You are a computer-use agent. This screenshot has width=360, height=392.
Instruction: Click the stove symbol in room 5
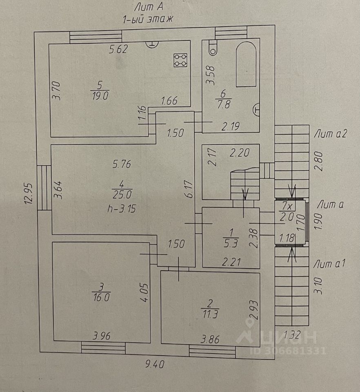[180, 60]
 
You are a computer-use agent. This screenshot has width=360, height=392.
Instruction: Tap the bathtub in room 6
[246, 65]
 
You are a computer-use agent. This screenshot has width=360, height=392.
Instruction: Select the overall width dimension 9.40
[155, 364]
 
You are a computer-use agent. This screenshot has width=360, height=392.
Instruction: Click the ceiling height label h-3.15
[122, 208]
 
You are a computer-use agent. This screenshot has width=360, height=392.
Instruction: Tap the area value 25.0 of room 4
[122, 194]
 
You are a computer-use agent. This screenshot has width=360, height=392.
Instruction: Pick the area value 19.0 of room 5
[100, 96]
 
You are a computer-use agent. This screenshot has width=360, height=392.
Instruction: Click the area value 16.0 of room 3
[101, 297]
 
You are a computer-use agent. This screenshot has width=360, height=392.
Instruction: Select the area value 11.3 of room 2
[210, 314]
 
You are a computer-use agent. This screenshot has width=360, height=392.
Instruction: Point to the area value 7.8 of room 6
[224, 104]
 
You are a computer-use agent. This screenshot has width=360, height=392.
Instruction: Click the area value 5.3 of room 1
[231, 243]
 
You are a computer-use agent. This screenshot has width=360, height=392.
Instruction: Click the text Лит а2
[330, 134]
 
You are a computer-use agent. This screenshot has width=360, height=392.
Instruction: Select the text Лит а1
[329, 263]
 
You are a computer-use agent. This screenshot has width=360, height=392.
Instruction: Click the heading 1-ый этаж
[147, 19]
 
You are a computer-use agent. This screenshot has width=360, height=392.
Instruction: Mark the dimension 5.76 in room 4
[122, 164]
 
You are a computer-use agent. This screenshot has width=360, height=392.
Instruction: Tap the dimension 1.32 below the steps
[292, 334]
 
